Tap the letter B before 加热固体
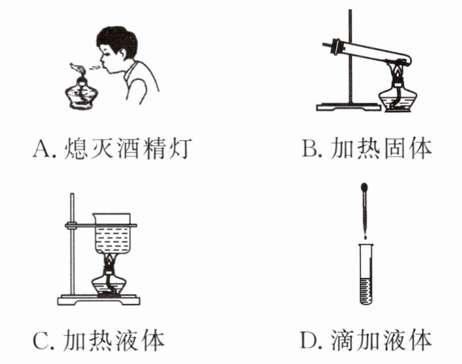[310, 148]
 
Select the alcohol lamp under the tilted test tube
[397, 95]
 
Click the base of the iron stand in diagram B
[349, 107]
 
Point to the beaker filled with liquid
[112, 233]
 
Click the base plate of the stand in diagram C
[98, 300]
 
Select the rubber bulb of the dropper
[365, 187]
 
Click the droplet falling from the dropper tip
[366, 237]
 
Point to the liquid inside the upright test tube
[366, 291]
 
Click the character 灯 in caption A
[180, 148]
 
